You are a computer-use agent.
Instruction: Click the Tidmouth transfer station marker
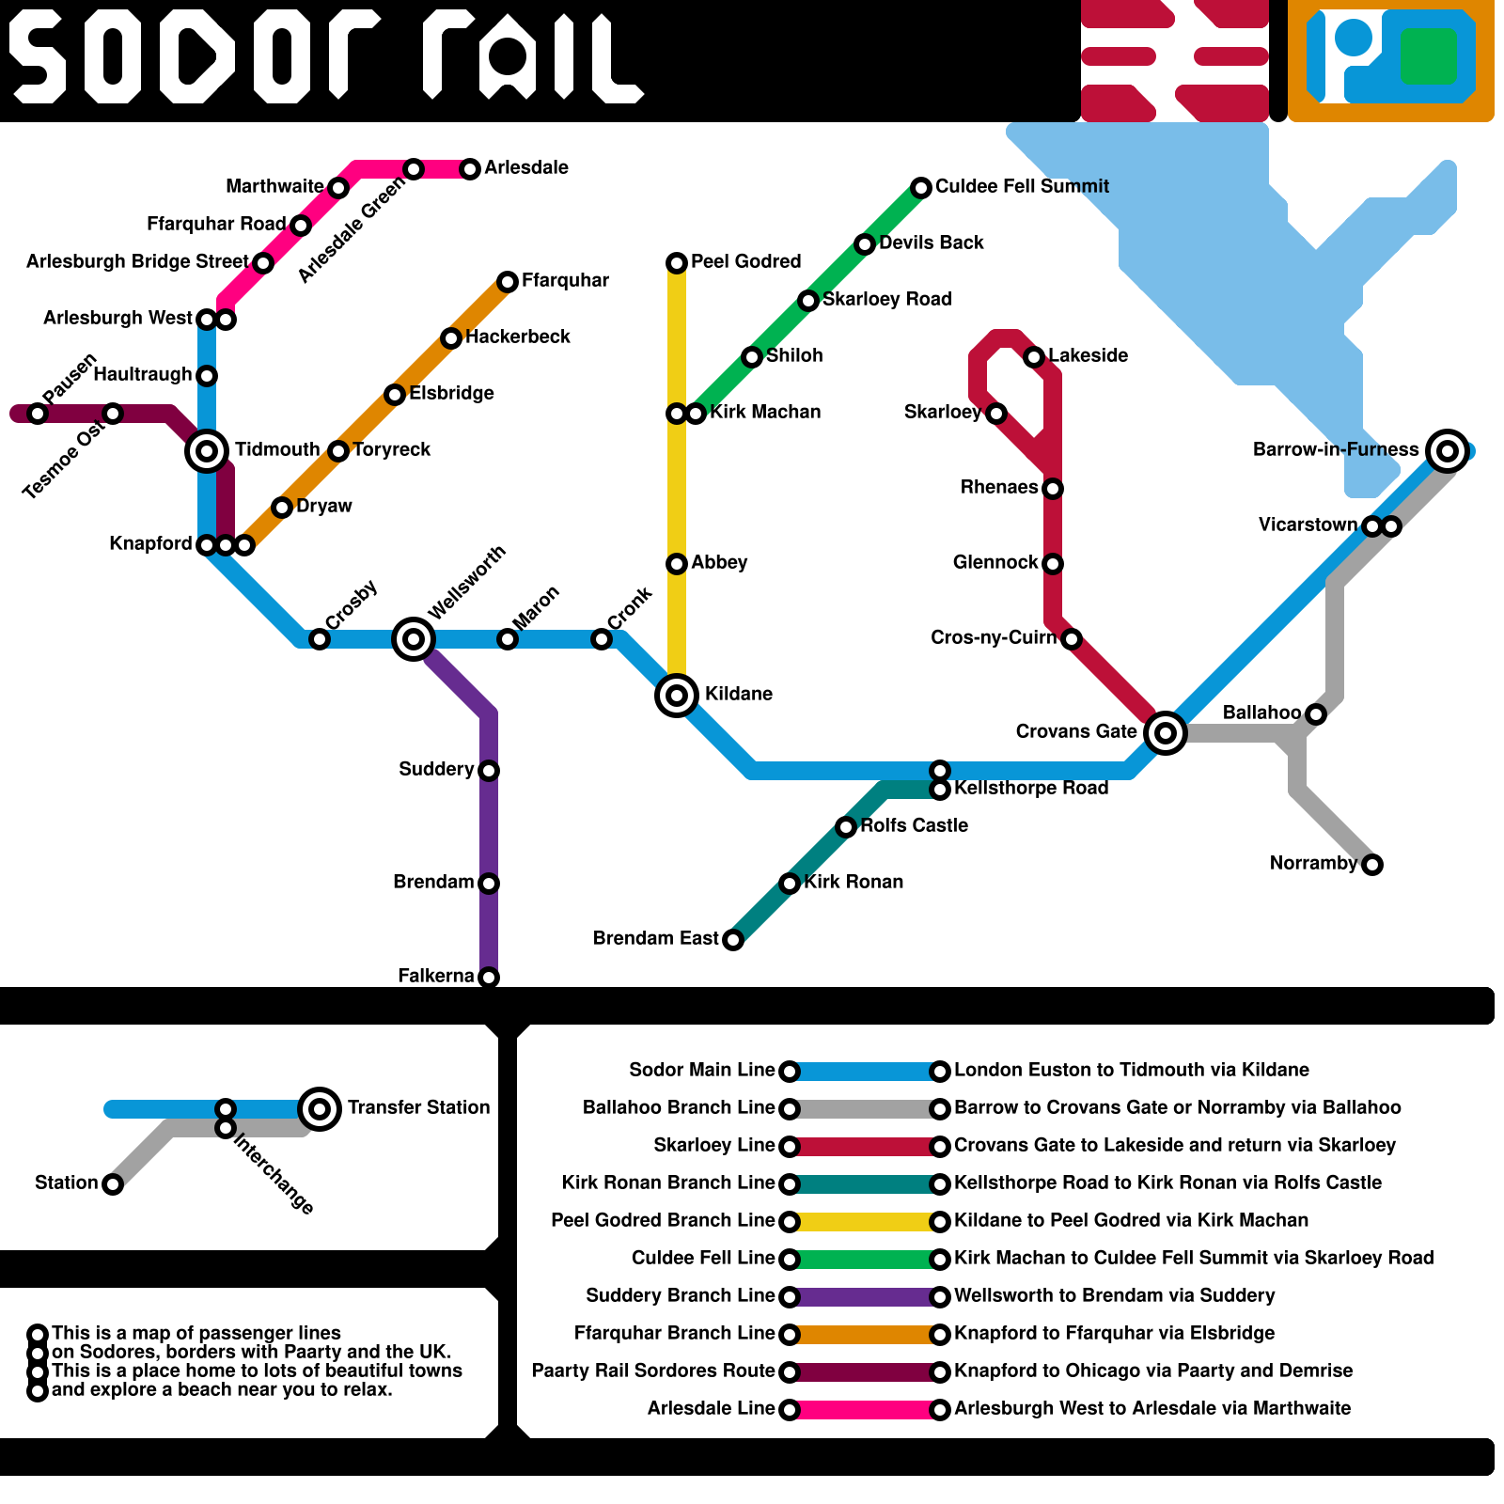point(207,451)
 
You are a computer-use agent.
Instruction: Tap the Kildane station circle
point(677,696)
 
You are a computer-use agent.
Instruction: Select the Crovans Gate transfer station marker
point(1166,732)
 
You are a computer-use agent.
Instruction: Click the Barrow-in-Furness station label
point(1335,450)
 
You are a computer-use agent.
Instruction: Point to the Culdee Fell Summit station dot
point(921,187)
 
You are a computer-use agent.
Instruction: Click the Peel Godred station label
point(745,261)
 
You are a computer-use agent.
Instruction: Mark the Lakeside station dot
point(1034,356)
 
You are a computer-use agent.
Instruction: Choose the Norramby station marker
point(1372,865)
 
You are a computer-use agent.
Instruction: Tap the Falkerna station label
point(435,976)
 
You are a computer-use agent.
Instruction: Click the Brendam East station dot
point(733,940)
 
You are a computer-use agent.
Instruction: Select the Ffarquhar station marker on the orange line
point(508,281)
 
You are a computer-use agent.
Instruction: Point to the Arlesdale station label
point(526,167)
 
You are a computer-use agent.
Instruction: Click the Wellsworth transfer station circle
point(414,639)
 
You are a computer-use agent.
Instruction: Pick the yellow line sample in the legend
point(865,1222)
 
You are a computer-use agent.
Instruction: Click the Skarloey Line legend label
point(713,1145)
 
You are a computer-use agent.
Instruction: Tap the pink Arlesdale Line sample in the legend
point(865,1410)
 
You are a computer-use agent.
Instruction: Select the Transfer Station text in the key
point(418,1107)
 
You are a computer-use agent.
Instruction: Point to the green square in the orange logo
point(1428,55)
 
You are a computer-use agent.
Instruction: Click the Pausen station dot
point(38,414)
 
